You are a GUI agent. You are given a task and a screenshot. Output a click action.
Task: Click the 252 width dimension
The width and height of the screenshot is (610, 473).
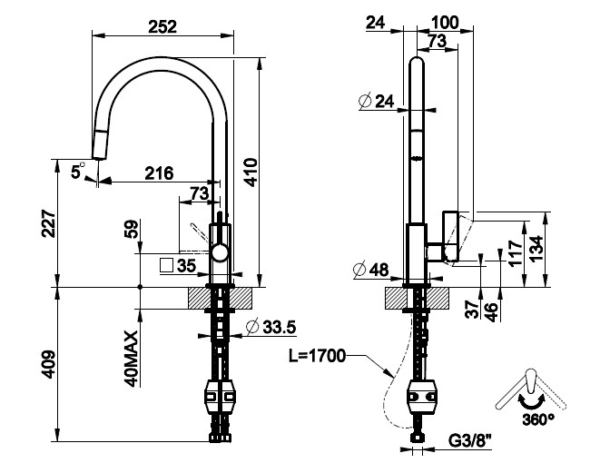pos(162,26)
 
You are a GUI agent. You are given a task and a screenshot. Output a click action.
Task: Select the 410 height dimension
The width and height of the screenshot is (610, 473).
pos(251,171)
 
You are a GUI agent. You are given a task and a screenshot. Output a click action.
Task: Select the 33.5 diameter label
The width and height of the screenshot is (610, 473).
pos(277,327)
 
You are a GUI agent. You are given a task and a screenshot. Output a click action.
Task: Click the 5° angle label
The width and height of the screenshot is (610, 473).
pos(79,168)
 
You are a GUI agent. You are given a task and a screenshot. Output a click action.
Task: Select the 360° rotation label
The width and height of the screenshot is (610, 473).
pos(538,419)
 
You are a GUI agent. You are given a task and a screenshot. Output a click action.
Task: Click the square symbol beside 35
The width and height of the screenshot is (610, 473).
pos(167,266)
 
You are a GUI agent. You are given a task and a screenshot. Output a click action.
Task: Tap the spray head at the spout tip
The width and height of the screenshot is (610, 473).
pos(100,143)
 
